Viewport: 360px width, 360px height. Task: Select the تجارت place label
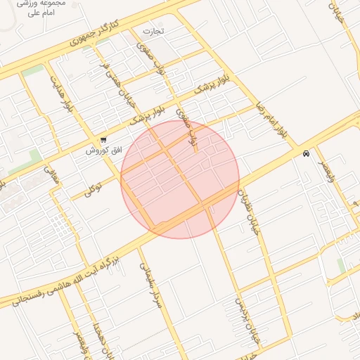[x=153, y=31]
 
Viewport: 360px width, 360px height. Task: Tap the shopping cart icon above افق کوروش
[x=104, y=140]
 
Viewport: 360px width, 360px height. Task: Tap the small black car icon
[x=306, y=153]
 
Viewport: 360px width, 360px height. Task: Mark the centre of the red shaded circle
[x=180, y=179]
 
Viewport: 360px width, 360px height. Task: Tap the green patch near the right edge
[x=341, y=266]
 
